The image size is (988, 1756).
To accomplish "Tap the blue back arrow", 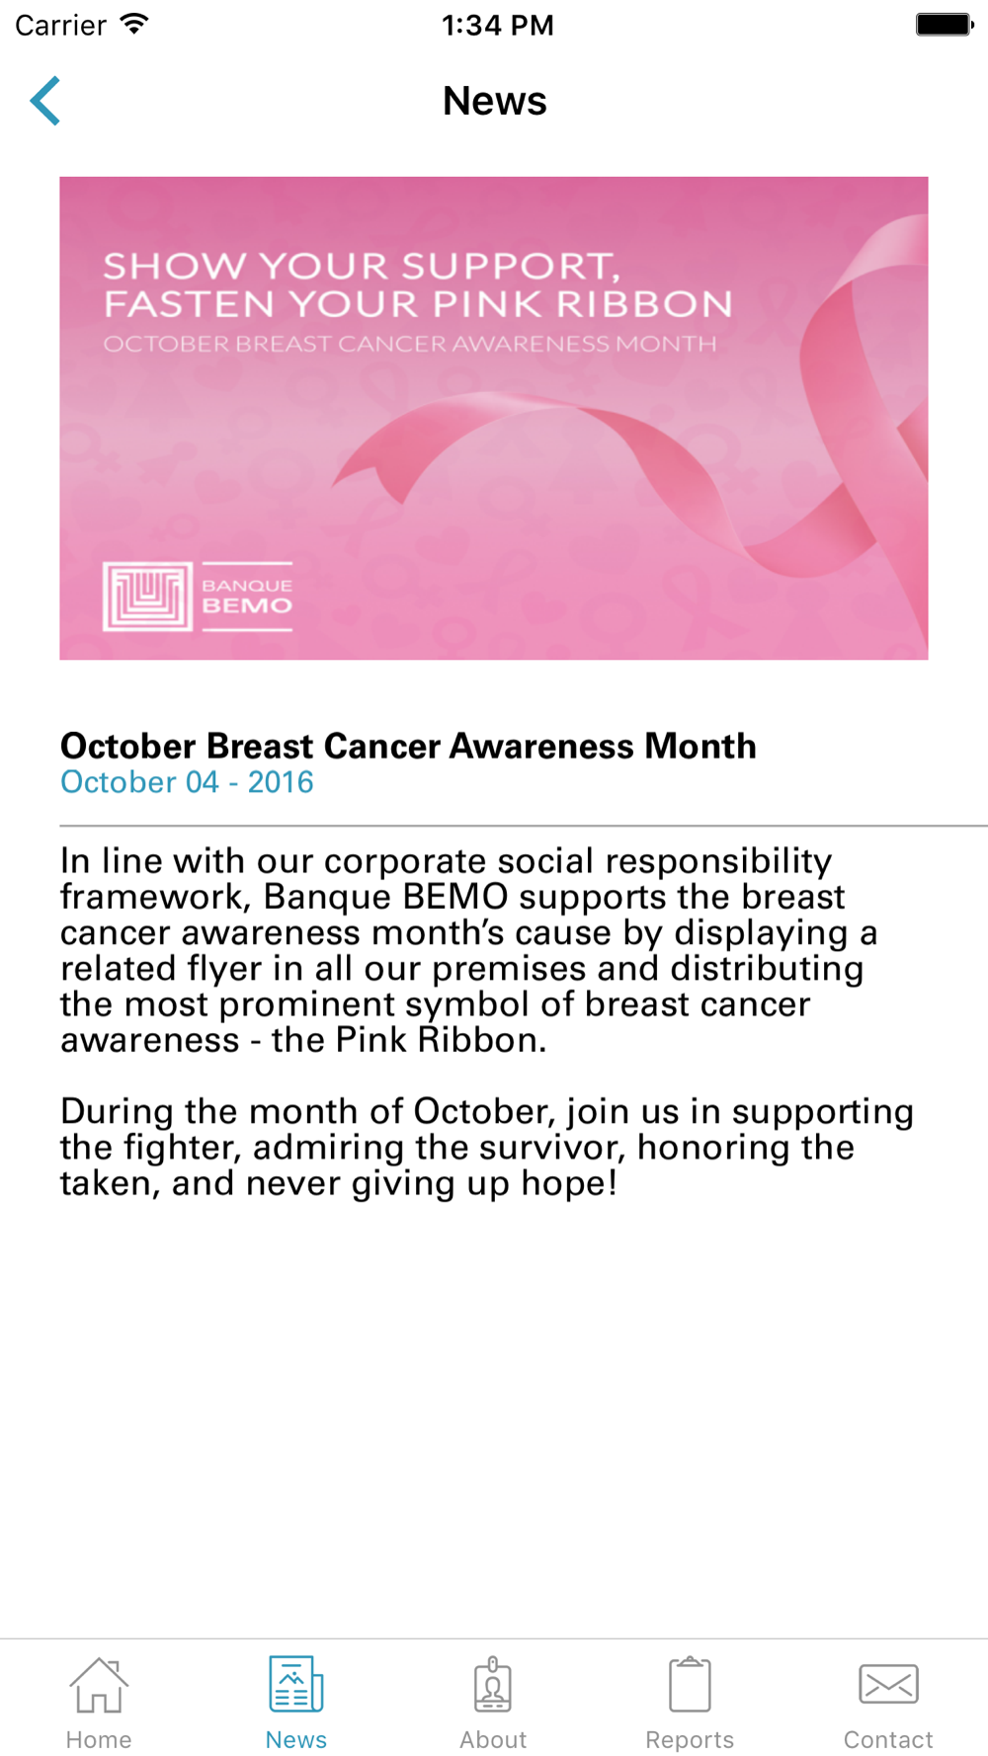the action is (x=45, y=101).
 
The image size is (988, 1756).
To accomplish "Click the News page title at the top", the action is (x=494, y=101).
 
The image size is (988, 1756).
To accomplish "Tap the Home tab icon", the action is (x=99, y=1685).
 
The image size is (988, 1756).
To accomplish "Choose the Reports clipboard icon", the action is (x=690, y=1684).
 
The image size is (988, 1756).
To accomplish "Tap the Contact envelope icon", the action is (x=888, y=1684).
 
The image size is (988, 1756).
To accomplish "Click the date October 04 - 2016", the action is (x=187, y=782).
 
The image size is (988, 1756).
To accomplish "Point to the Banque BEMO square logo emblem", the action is (x=147, y=597).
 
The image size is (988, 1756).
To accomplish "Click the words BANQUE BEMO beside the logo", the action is (x=247, y=596).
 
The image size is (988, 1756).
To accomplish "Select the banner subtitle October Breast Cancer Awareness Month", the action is (x=410, y=345).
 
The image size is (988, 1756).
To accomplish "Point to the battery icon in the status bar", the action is (x=945, y=25).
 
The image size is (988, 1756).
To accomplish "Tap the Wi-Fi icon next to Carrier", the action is (x=134, y=24).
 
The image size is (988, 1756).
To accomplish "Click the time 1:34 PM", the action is (x=498, y=25).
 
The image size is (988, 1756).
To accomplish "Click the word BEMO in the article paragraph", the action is (x=454, y=897).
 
